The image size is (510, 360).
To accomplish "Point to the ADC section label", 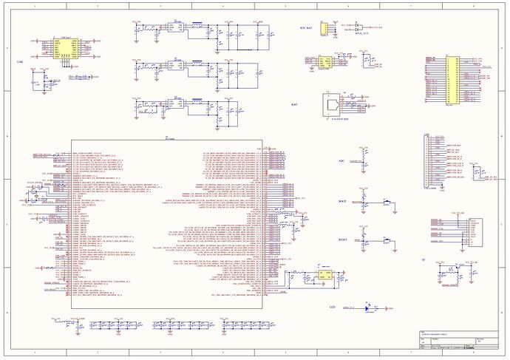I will point(341,159).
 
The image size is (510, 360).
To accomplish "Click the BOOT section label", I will point(341,201).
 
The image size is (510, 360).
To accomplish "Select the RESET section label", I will point(342,240).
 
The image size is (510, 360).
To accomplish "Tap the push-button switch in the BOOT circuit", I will point(385,201).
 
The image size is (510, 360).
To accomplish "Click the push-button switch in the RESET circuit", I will point(385,240).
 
